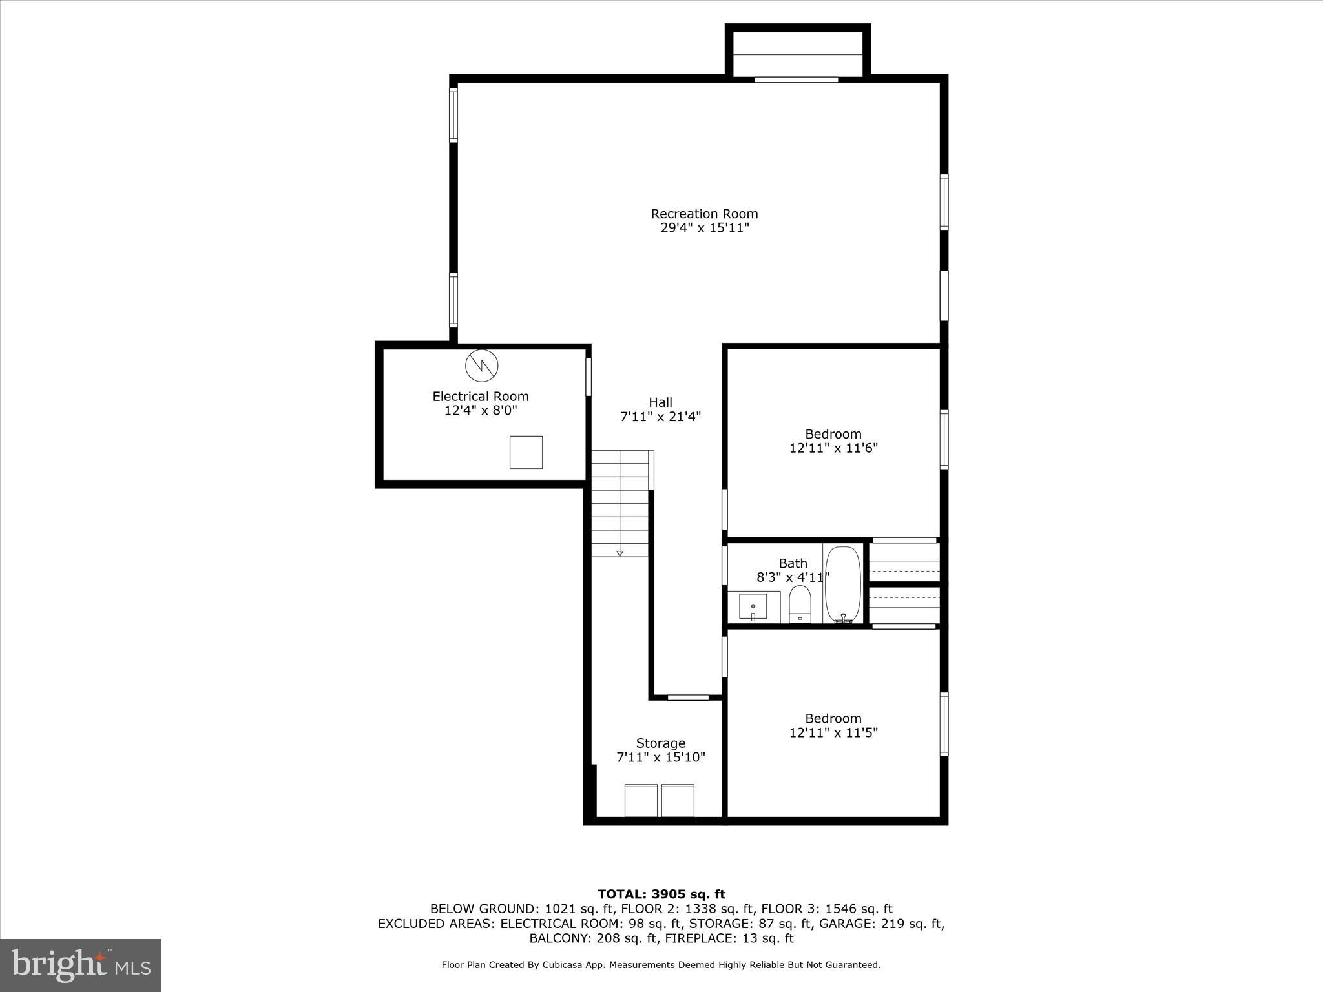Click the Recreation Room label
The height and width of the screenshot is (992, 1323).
coord(704,214)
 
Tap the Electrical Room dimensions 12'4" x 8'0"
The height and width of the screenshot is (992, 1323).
coord(481,411)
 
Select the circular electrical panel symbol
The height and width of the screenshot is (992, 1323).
coord(482,366)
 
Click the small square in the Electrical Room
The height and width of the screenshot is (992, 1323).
coord(526,452)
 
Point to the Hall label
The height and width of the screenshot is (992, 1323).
coord(660,402)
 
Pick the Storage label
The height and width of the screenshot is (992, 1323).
coord(660,743)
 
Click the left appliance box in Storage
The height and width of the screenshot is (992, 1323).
coord(641,801)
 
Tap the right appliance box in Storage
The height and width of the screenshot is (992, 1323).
coord(678,801)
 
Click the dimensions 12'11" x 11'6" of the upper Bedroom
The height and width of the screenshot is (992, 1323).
coord(833,448)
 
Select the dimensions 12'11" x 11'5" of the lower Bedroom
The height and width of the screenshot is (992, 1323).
coord(833,733)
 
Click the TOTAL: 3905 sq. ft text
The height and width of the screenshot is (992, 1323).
coord(661,894)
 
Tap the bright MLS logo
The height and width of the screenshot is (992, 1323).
coord(81,966)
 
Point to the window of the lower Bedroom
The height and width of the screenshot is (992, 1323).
coord(944,724)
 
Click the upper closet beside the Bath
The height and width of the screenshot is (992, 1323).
coord(904,560)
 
